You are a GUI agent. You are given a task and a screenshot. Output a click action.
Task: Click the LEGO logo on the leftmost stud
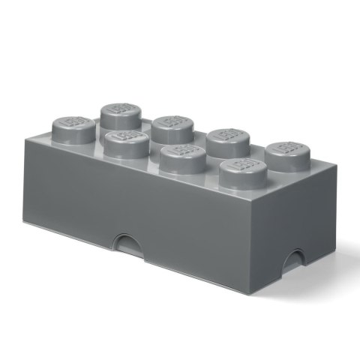pos(74,124)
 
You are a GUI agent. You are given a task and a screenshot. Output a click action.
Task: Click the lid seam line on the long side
pos(150,241)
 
